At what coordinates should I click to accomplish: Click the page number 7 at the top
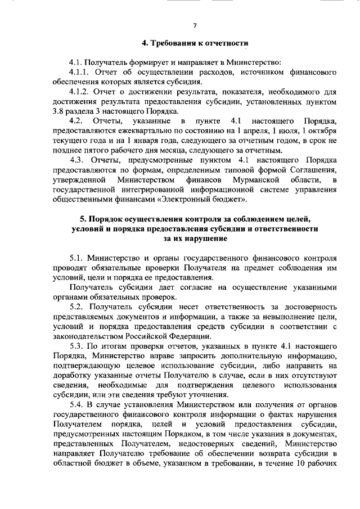tap(195, 26)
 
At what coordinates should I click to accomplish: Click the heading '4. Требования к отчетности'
tap(194, 43)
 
